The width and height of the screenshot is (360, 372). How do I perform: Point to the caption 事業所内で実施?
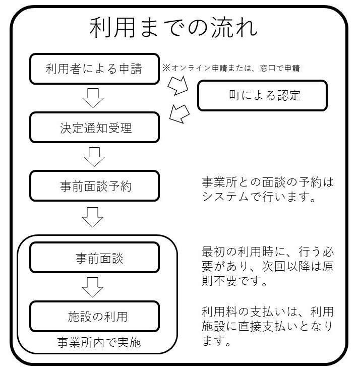pos(99,343)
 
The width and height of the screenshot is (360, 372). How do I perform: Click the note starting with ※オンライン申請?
pos(231,68)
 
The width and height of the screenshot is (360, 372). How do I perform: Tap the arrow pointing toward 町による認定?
pos(178,86)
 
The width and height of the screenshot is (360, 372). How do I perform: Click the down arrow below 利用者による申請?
pos(93,98)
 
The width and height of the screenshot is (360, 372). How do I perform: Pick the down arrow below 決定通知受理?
pos(93,157)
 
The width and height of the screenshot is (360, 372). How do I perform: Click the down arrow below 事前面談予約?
pos(93,217)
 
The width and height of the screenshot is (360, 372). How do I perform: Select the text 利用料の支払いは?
pos(249,311)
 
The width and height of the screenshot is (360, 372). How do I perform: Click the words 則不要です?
pos(229,281)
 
